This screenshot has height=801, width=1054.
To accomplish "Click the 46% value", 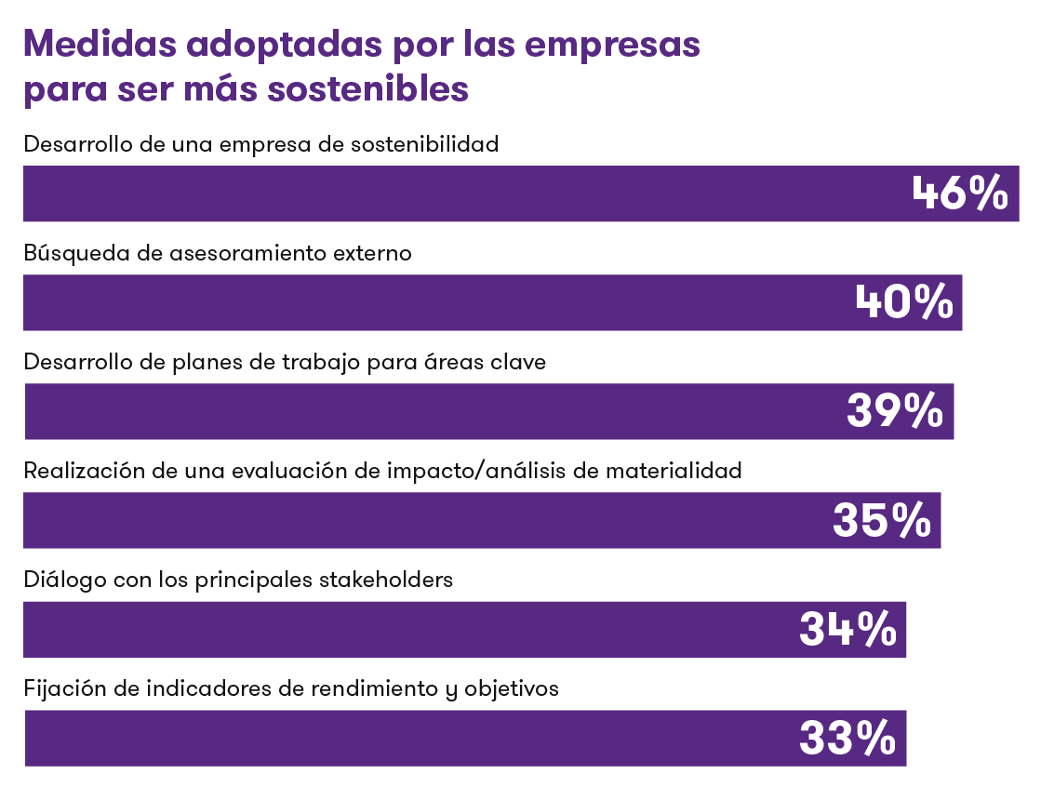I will (959, 194).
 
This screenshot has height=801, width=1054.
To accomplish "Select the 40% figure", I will (903, 302).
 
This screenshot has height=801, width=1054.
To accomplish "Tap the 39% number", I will (894, 411).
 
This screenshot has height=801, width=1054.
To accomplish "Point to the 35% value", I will (881, 520).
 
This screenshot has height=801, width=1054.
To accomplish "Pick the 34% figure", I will (847, 629).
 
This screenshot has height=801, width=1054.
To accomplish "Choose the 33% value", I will (847, 738).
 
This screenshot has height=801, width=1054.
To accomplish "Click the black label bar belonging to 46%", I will (270, 135).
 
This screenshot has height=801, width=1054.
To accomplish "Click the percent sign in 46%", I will (987, 194).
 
